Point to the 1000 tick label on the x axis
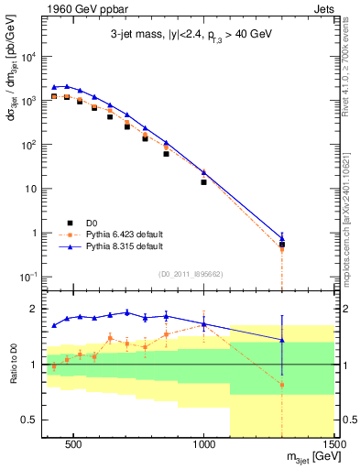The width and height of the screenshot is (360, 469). tap(204, 445)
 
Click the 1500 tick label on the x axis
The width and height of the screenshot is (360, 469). tap(334, 445)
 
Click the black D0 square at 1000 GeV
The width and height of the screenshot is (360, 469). tap(204, 182)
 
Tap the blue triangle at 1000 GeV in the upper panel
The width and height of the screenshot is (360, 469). tap(204, 172)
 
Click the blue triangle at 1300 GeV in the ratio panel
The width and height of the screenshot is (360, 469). tap(282, 340)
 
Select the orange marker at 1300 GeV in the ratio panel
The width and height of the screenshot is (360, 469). tap(282, 385)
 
